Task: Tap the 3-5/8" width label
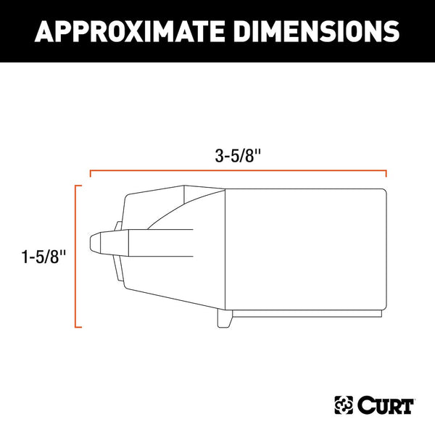pyautogui.click(x=238, y=154)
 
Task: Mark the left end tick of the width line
pyautogui.click(x=89, y=174)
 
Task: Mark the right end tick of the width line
pyautogui.click(x=386, y=174)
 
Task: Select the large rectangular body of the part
pyautogui.click(x=304, y=246)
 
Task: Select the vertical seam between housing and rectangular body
pyautogui.click(x=225, y=246)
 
